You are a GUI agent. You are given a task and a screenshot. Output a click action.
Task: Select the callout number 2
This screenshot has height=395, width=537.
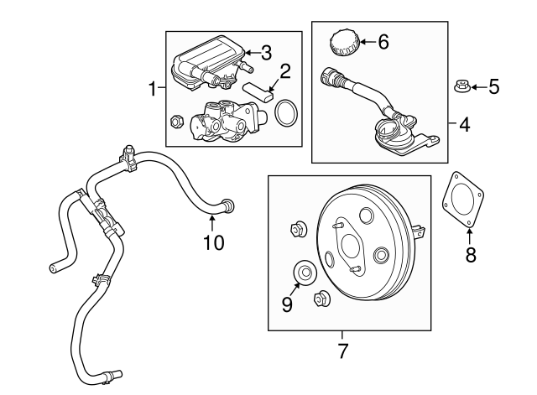coord(285,70)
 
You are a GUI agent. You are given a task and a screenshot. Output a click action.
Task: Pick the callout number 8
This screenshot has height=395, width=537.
coord(470,255)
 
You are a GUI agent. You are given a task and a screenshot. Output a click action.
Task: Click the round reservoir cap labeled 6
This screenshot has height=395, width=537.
coord(343,41)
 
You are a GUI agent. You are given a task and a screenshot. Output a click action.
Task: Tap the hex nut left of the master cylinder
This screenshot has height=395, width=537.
coord(177,122)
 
